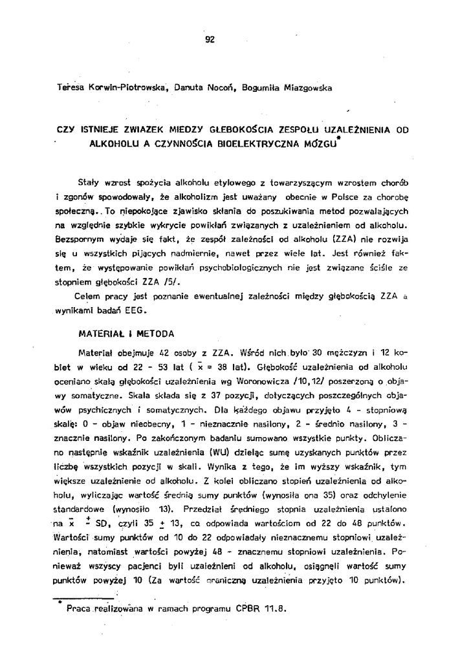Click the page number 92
(210, 39)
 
